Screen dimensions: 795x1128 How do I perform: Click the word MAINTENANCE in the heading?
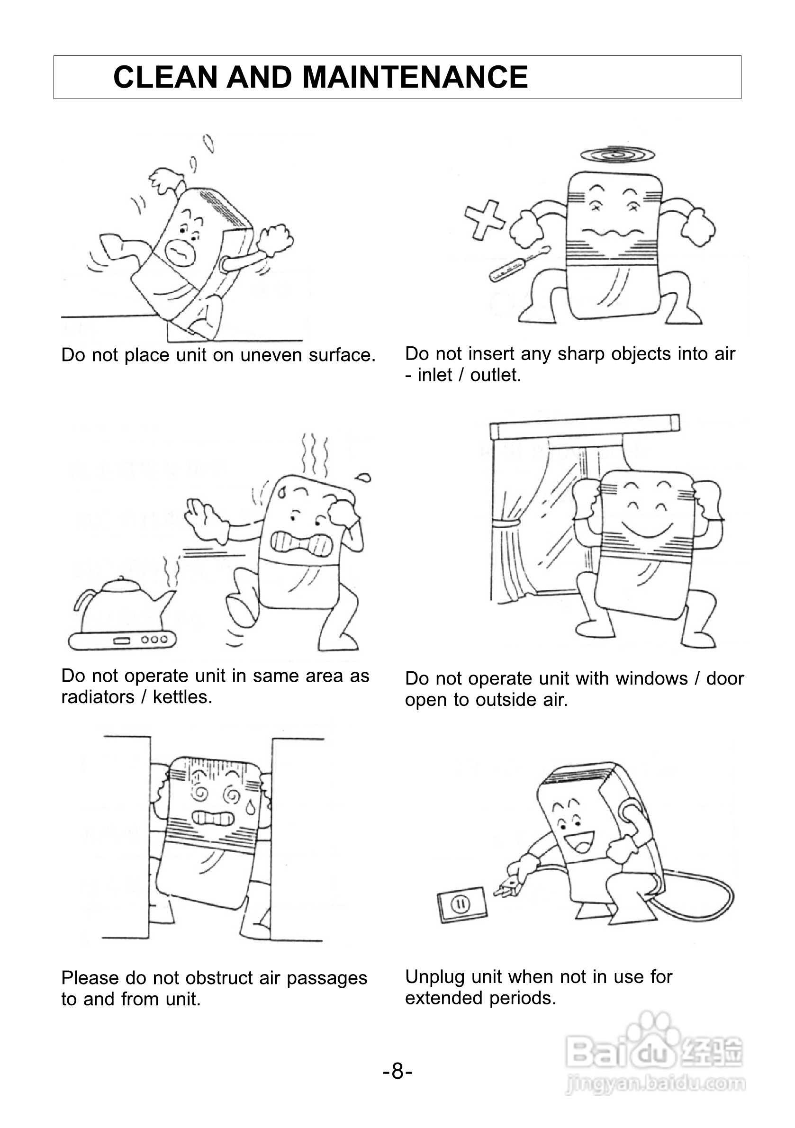[x=415, y=77]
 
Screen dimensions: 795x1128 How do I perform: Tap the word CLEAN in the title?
[x=165, y=77]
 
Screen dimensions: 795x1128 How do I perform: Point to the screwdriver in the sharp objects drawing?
[x=518, y=264]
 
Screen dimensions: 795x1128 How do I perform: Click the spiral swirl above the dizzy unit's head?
[x=618, y=155]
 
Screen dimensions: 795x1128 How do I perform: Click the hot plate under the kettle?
[x=122, y=640]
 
